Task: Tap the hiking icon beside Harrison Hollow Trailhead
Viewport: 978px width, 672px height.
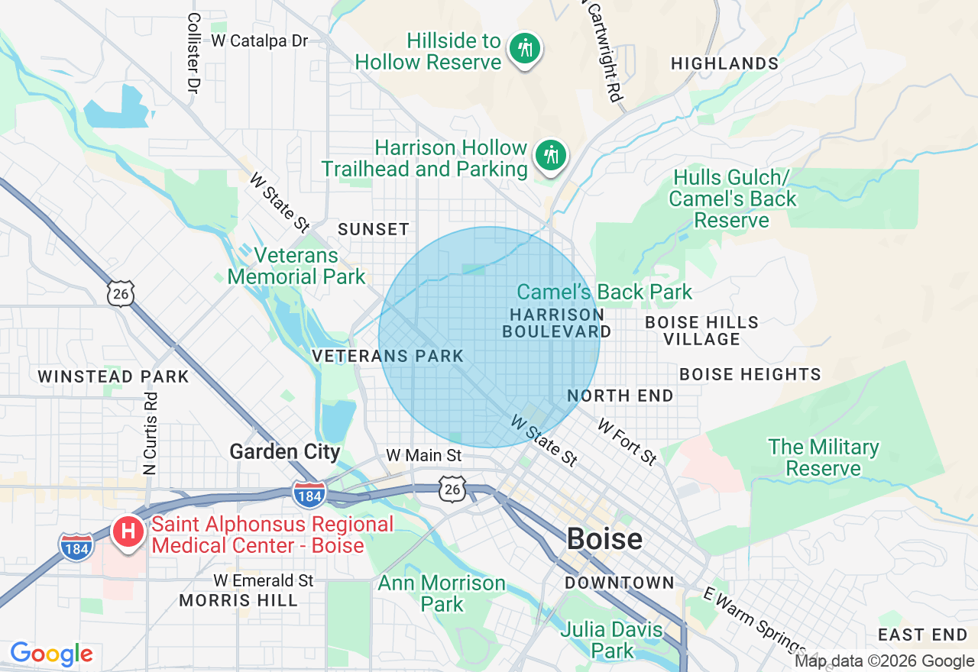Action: pos(550,156)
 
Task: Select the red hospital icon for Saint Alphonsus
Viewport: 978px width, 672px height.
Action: pos(128,531)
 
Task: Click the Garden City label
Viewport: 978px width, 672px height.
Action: pos(285,451)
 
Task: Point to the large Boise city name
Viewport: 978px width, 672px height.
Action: pos(604,539)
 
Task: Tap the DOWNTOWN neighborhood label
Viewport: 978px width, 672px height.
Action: pos(620,583)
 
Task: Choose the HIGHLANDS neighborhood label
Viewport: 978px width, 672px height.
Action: pos(724,63)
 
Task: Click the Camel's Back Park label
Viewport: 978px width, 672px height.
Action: pos(604,292)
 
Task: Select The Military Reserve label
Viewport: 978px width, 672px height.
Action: pos(824,457)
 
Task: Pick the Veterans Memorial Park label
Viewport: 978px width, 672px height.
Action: pos(296,265)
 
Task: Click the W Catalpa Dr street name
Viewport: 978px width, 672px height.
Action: pos(260,40)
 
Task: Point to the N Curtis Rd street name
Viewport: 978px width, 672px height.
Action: pos(151,433)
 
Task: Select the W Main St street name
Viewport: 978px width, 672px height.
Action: pos(424,455)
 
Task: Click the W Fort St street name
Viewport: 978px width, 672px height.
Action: pos(627,441)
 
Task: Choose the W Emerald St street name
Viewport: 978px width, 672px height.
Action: pos(264,580)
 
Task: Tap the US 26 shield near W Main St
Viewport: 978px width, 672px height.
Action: pos(453,489)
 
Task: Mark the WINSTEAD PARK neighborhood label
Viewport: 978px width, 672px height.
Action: pos(113,376)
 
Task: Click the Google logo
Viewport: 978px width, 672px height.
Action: pos(51,654)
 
